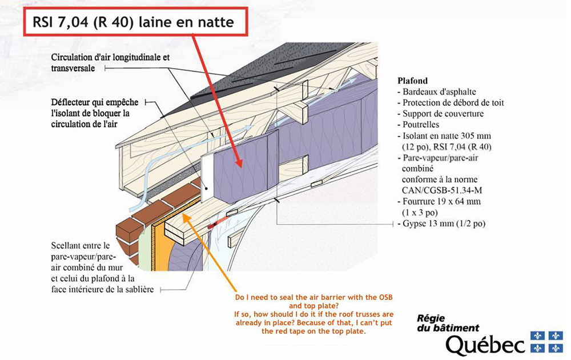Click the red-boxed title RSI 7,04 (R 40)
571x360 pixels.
[x=133, y=23]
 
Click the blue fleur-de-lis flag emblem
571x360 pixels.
[x=546, y=341]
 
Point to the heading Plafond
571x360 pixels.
[x=413, y=81]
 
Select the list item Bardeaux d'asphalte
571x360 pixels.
[x=437, y=92]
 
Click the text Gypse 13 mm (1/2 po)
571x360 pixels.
[x=441, y=223]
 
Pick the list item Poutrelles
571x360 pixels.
[x=419, y=125]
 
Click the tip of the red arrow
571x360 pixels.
[x=241, y=167]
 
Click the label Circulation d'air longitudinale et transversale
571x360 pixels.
[x=110, y=63]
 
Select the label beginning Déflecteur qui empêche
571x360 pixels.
[x=95, y=113]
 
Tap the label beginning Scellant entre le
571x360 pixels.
[x=102, y=267]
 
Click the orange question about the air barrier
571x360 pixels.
[x=314, y=314]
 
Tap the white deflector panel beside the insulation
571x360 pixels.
[x=207, y=178]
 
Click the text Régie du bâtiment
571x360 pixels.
[x=448, y=323]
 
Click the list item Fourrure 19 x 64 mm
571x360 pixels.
[x=439, y=206]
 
